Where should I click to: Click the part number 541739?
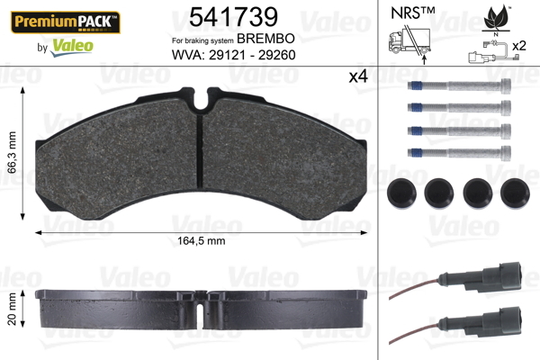[x=233, y=17]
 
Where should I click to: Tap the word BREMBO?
[x=265, y=39]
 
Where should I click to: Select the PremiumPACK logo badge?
[x=66, y=22]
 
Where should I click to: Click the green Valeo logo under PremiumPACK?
[x=72, y=47]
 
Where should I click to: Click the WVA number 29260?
[x=277, y=55]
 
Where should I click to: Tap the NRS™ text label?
[x=412, y=13]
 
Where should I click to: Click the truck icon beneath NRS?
[x=409, y=41]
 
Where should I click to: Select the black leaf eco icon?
[x=496, y=18]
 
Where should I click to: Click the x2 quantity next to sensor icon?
[x=519, y=46]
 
